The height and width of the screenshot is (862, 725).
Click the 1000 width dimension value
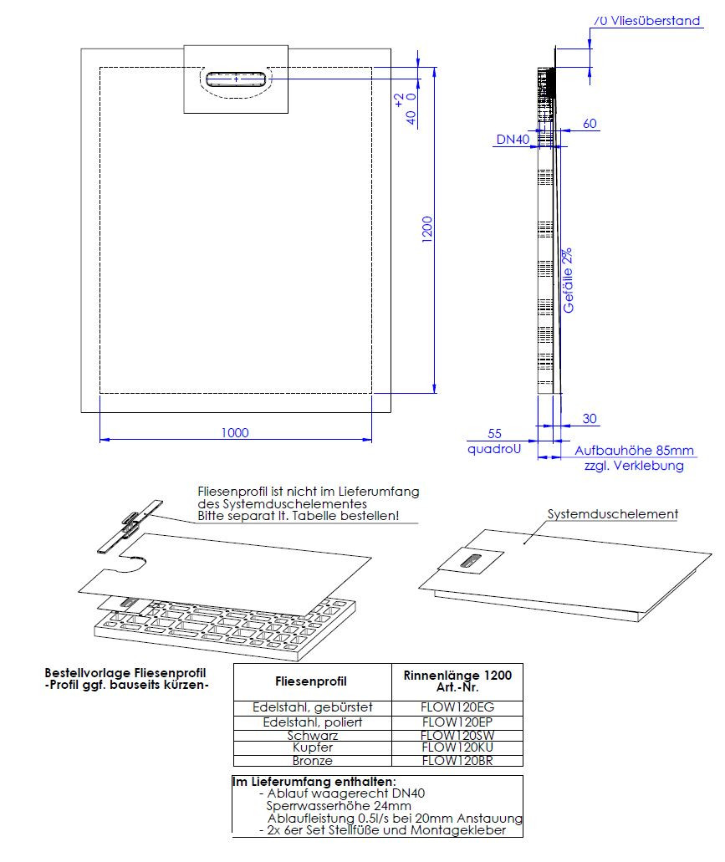236,432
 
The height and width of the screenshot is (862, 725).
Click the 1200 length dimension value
426,231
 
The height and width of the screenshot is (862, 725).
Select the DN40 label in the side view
513,140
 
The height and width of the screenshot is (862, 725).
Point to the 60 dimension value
590,124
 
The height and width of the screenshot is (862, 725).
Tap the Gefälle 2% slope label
568,280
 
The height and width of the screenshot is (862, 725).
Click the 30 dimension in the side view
589,419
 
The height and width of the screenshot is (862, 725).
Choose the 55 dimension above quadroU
494,434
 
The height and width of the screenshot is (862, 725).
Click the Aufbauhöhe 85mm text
634,450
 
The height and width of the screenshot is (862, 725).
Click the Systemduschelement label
612,514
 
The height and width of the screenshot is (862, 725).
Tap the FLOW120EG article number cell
457,706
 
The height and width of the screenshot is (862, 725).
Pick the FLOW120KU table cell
457,747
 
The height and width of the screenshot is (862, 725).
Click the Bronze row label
312,761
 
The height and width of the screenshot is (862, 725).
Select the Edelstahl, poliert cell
312,722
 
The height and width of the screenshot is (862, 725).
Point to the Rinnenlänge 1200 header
457,675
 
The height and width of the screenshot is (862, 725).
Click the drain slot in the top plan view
237,79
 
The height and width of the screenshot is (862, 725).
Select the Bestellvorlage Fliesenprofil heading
125,672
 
